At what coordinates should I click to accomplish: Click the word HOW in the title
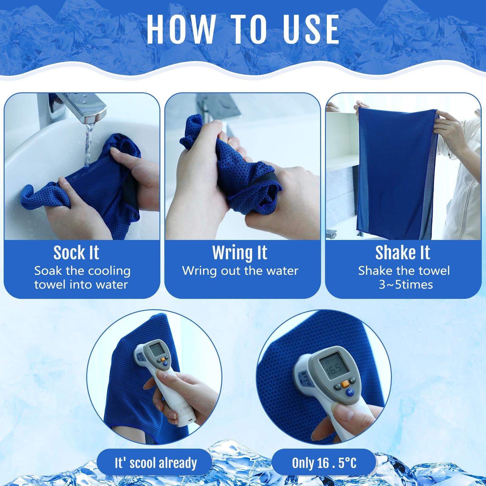pyautogui.click(x=181, y=29)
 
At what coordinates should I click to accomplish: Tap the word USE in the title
pyautogui.click(x=311, y=29)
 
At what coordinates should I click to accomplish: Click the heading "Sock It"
pyautogui.click(x=76, y=253)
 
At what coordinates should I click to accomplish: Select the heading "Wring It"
pyautogui.click(x=240, y=253)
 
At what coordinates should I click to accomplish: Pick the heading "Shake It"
pyautogui.click(x=403, y=253)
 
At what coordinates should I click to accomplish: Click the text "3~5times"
pyautogui.click(x=406, y=285)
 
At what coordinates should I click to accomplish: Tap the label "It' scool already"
pyautogui.click(x=156, y=463)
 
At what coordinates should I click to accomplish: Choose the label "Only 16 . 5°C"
pyautogui.click(x=324, y=463)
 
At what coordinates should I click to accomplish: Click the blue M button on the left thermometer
pyautogui.click(x=165, y=364)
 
